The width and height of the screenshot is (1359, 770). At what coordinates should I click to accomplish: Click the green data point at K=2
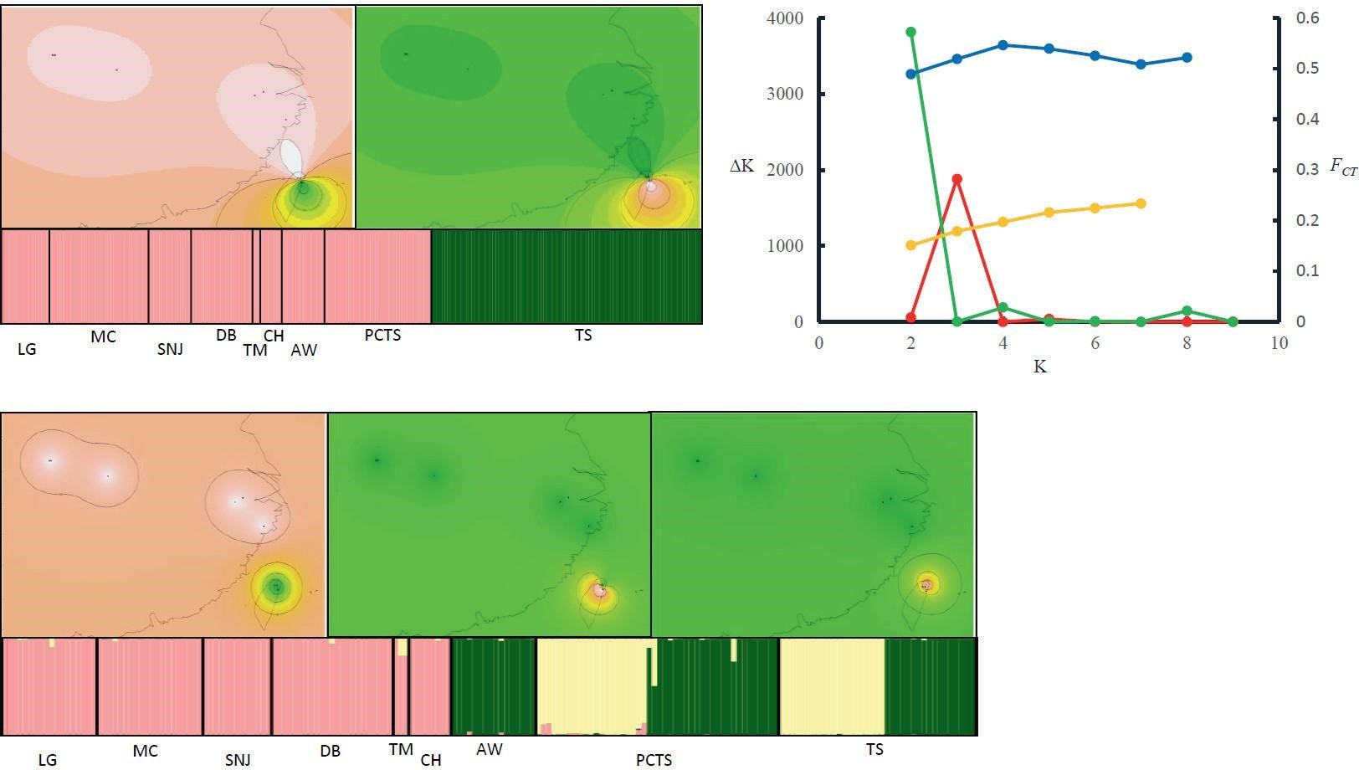(910, 32)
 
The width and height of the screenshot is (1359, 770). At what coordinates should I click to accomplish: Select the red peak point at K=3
(957, 179)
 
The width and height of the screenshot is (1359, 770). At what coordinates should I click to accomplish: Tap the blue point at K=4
(1003, 45)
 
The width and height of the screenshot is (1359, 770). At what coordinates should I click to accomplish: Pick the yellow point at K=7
(1141, 203)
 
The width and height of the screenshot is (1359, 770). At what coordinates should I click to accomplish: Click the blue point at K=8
(1187, 58)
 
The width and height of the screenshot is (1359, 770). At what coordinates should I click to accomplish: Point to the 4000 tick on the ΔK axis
(785, 18)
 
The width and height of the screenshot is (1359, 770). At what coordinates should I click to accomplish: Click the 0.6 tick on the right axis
(1307, 18)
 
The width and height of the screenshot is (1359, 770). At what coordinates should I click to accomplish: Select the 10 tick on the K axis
(1279, 343)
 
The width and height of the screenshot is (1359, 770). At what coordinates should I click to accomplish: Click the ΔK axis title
(742, 167)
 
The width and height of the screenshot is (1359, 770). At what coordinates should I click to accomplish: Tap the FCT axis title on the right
(1342, 167)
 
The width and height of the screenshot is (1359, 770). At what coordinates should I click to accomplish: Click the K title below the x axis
(1040, 367)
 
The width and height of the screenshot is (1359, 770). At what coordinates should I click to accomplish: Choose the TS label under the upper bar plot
(583, 335)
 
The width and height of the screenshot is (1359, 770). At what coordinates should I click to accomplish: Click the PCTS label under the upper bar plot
(382, 335)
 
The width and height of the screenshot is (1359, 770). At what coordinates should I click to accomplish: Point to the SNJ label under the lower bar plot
(237, 760)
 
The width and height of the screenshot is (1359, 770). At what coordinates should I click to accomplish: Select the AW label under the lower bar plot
(489, 749)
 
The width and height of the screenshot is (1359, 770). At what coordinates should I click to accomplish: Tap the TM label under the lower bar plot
(401, 749)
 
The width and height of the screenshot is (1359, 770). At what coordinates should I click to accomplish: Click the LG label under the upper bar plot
(27, 350)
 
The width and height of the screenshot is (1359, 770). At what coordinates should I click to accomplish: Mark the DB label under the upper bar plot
(226, 335)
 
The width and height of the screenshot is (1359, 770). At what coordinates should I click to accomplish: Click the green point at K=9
(1233, 321)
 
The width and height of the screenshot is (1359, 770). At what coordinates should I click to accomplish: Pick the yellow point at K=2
(910, 245)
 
